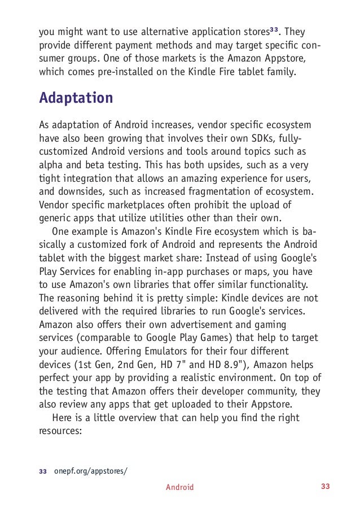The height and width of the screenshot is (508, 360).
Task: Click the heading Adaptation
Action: tap(76, 98)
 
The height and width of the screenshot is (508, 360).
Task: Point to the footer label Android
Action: tap(179, 487)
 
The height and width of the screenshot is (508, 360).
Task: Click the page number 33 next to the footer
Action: tap(324, 487)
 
